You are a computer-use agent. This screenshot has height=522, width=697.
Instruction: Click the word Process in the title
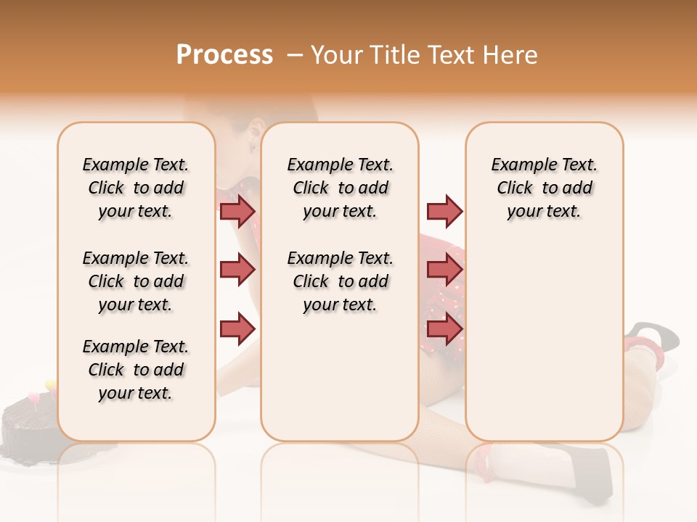224,55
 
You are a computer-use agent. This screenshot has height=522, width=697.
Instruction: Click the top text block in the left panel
136,188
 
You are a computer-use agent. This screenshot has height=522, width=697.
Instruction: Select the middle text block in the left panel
136,281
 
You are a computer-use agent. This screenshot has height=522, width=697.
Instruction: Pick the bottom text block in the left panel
136,370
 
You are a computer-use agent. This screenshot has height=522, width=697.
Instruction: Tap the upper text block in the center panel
340,188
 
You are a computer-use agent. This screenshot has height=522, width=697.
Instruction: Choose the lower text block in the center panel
340,281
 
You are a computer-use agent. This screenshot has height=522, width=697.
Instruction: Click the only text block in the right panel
544,188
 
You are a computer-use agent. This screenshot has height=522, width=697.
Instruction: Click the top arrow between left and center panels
237,211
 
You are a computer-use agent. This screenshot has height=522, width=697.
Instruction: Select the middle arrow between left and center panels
237,270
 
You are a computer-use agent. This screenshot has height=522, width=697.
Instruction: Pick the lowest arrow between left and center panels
237,328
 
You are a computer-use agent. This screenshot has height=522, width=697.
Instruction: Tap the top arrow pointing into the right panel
444,211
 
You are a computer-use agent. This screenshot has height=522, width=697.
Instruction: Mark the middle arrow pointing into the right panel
444,270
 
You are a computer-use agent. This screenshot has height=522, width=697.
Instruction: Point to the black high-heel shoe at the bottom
581,471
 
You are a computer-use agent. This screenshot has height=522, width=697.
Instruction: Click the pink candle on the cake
33,397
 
